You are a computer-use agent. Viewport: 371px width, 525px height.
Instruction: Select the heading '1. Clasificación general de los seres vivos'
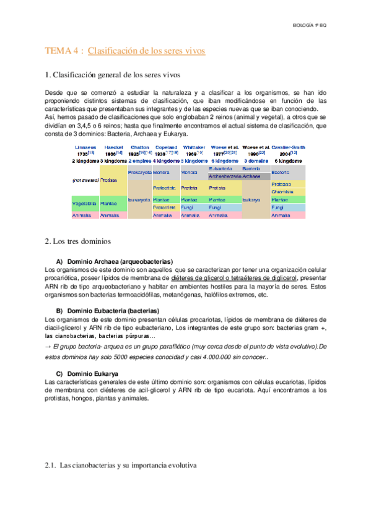113,76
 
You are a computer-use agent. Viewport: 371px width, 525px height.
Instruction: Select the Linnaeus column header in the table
85,147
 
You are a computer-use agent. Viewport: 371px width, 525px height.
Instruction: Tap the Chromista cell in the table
282,192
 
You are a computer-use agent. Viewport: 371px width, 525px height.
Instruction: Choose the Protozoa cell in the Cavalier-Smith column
282,184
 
